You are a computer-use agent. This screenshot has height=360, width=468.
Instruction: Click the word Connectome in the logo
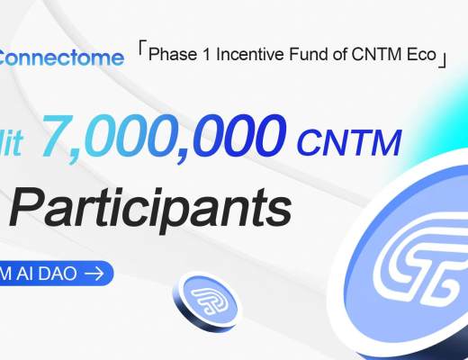pos(61,59)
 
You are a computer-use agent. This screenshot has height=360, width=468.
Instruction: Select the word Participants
pos(149,209)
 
